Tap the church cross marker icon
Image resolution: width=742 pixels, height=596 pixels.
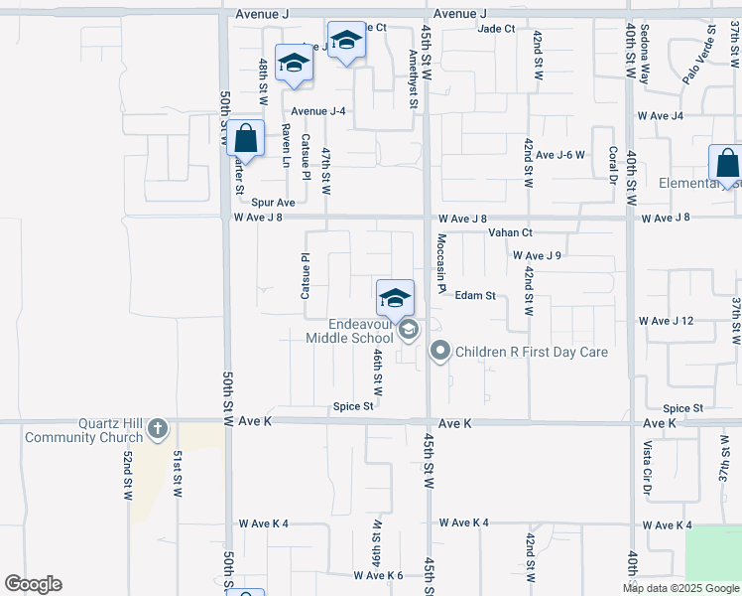coord(157,429)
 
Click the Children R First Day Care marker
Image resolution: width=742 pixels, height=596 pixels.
coord(439,351)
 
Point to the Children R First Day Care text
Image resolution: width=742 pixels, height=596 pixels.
coord(531,352)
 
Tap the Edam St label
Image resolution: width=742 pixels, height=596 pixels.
coord(475,295)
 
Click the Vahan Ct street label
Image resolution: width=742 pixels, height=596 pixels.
coord(511,232)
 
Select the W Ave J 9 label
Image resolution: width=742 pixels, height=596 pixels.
coord(537,255)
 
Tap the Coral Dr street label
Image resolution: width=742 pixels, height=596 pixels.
coord(613,165)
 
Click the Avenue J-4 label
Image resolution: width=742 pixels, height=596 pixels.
coord(317,110)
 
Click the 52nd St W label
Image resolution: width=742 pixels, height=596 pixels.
coord(128,474)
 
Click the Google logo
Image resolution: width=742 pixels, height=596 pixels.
coord(33,584)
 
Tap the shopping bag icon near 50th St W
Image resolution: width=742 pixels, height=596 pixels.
coord(246,139)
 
